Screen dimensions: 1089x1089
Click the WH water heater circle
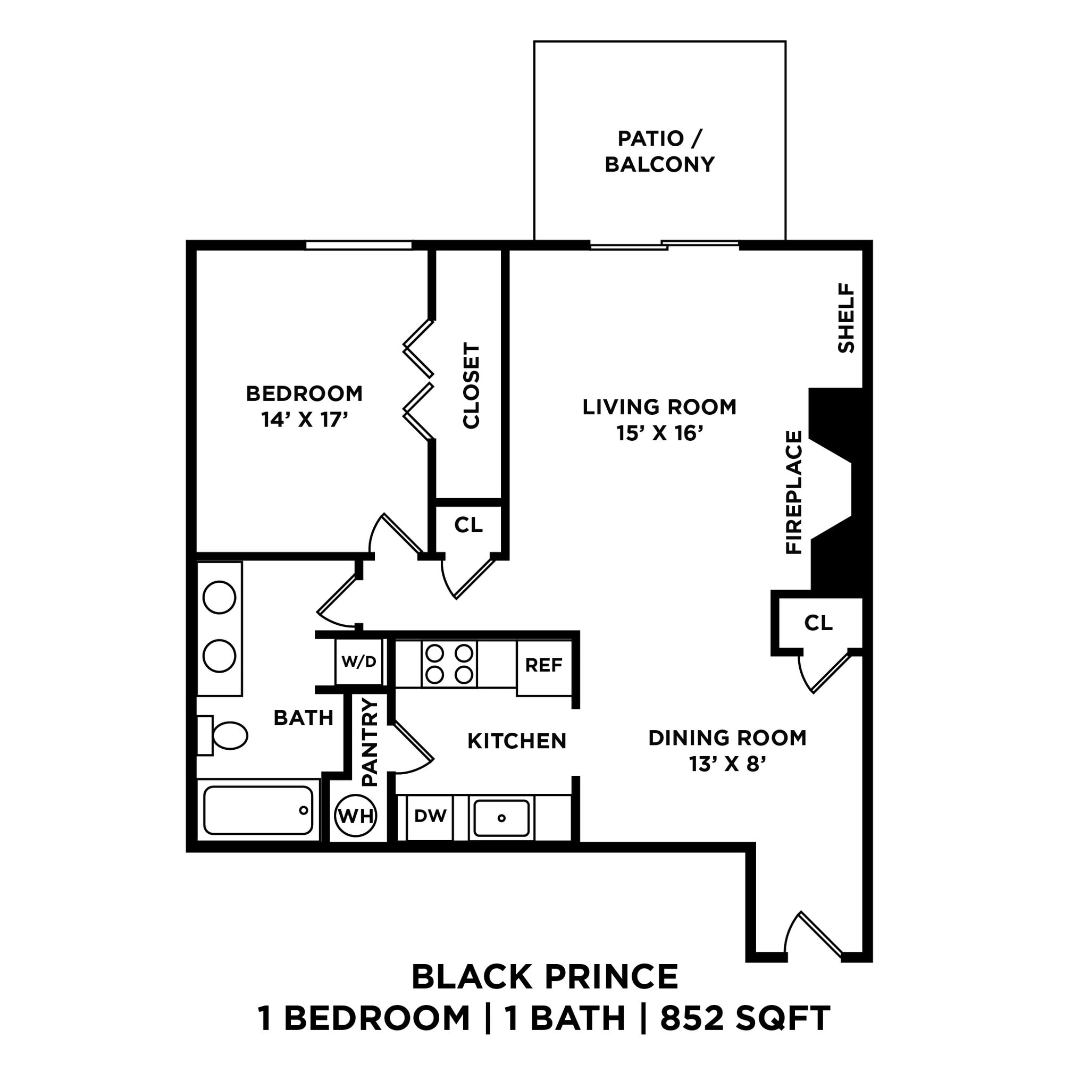(356, 816)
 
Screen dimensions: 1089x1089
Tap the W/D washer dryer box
(358, 661)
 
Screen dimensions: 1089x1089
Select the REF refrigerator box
(544, 666)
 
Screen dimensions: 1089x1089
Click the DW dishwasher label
(430, 816)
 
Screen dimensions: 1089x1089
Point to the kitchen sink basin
(501, 818)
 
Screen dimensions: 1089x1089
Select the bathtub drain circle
(304, 810)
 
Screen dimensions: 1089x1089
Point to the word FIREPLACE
(794, 492)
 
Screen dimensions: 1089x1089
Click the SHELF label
(846, 318)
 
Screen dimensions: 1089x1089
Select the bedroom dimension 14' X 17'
(304, 420)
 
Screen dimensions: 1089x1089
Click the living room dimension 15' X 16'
(659, 433)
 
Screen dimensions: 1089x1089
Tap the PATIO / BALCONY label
(659, 151)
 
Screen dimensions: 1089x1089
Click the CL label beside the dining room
(818, 623)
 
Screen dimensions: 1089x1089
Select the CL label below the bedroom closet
(468, 525)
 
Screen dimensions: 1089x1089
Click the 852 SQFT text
(745, 1018)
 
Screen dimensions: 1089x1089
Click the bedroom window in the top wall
(358, 245)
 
